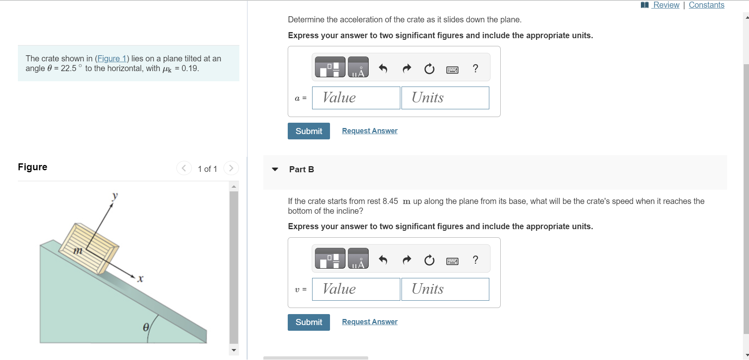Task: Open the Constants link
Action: click(x=706, y=5)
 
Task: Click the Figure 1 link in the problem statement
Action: click(x=112, y=59)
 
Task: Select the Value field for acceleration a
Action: click(x=356, y=98)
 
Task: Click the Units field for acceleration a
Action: click(x=445, y=98)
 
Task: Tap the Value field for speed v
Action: click(x=356, y=289)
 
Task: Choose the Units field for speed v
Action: click(x=445, y=289)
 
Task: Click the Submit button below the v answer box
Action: click(x=309, y=322)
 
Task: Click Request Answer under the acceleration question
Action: click(x=370, y=131)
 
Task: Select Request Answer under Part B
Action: click(x=370, y=322)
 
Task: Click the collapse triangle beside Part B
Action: click(x=275, y=169)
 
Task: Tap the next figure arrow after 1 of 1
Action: click(x=231, y=168)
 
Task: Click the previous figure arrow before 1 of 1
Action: click(x=184, y=168)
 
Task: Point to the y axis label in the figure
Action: click(x=115, y=196)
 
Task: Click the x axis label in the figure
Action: click(x=140, y=279)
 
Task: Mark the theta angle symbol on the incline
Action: click(x=145, y=327)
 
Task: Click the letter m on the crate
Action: click(x=78, y=250)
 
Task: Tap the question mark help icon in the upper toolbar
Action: click(x=475, y=68)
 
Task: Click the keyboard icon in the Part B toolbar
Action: click(x=452, y=261)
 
